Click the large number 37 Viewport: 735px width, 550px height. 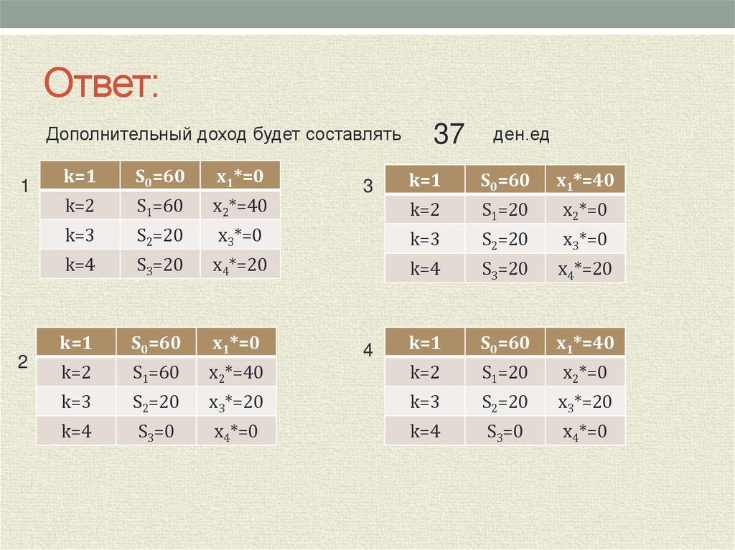coord(449,134)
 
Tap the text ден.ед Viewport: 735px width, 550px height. coord(521,135)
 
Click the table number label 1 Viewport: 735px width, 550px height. coord(24,187)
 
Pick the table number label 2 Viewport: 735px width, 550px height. coord(23,363)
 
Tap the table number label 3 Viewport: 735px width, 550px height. coord(368,187)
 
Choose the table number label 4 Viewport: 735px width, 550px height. coord(368,351)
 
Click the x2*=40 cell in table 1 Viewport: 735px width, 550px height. coord(239,207)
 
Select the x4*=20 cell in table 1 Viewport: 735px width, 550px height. coord(239,265)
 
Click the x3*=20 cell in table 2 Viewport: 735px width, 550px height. coord(235,402)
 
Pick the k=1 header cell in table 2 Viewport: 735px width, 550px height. coord(77,343)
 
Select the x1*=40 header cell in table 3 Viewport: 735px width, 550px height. coord(584,180)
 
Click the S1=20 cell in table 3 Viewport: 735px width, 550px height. coord(505,210)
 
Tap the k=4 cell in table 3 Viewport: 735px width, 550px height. coord(424,269)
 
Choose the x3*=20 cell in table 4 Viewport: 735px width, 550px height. coord(584,402)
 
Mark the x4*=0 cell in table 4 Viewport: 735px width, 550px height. coord(584,432)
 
